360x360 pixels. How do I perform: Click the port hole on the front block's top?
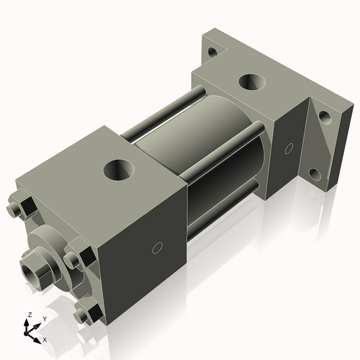118,170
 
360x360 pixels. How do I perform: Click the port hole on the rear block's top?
252,82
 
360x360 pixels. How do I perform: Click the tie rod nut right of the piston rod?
78,258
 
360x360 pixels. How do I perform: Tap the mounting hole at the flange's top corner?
212,52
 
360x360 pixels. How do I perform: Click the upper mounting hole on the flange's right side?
325,116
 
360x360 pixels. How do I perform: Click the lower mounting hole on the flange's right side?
315,174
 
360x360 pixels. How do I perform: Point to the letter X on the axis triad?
45,338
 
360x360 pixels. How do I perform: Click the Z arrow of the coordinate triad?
28,325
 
